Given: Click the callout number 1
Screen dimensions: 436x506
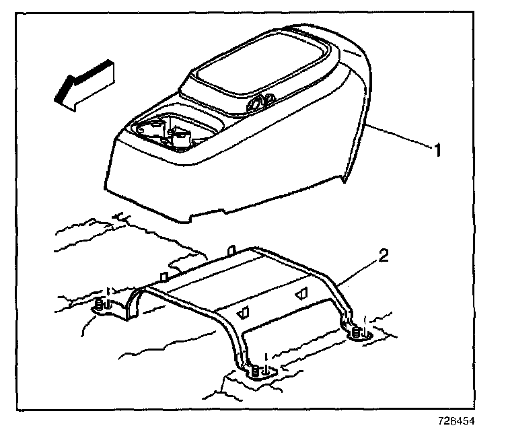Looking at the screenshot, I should (437, 150).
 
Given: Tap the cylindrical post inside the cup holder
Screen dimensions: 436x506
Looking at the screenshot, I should (180, 137).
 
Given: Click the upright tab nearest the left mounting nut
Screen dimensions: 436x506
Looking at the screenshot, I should (164, 277).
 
